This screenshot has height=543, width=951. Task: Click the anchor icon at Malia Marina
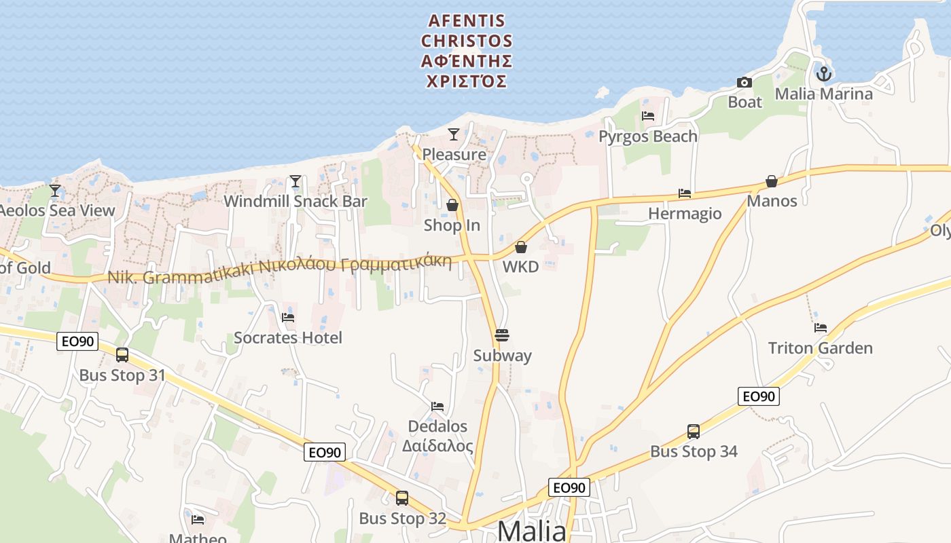pos(824,73)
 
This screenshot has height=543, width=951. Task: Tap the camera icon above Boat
pos(744,83)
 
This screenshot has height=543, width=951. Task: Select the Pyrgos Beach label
pos(647,136)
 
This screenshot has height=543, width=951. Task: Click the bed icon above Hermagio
pos(685,193)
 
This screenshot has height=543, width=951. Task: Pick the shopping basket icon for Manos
pos(772,181)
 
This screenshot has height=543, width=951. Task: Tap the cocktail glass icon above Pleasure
pos(453,134)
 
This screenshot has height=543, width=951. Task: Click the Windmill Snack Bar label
pos(295,202)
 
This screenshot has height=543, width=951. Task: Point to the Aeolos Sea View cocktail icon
pos(55,190)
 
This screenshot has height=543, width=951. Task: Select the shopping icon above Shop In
pos(452,204)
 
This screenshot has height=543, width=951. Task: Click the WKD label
pos(520,267)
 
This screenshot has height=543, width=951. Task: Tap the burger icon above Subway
pos(502,335)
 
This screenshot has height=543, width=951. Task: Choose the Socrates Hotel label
pos(288,337)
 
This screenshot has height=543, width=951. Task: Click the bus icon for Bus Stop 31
pos(122,354)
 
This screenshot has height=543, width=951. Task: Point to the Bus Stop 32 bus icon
pos(402,498)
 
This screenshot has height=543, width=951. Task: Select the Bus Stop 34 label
pos(694,451)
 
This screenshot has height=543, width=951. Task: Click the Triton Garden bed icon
pos(821,328)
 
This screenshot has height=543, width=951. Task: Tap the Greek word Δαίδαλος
pos(437,446)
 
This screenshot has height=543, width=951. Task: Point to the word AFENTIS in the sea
pos(467,21)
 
